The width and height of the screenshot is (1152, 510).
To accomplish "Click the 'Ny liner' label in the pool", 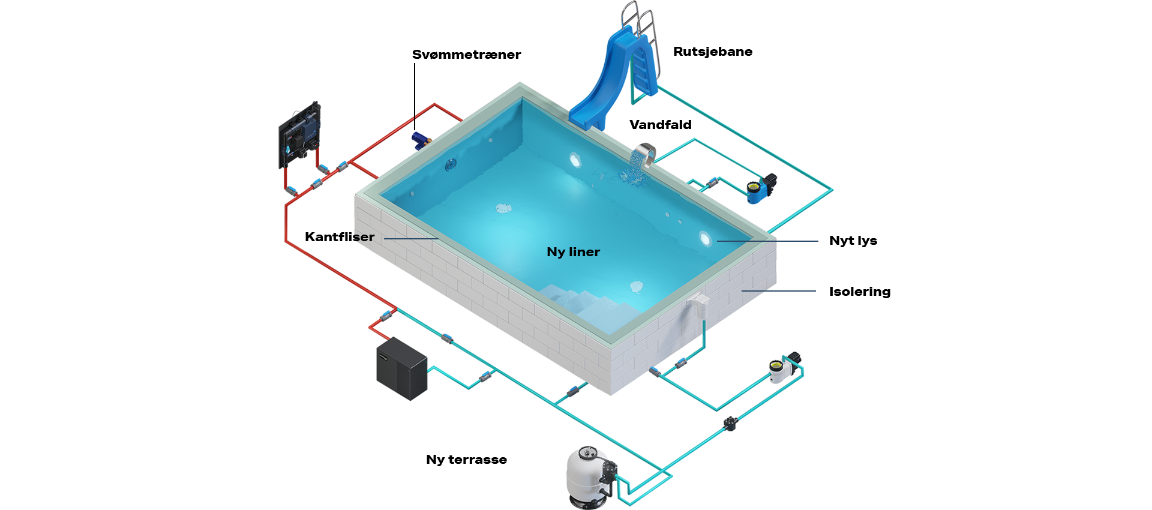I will (573, 252).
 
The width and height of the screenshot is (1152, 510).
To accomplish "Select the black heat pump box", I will (402, 367).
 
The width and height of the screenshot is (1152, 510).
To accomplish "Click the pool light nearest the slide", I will (575, 160).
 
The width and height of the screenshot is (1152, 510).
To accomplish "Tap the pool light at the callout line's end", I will (705, 239).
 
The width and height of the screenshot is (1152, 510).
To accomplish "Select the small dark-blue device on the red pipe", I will (420, 139).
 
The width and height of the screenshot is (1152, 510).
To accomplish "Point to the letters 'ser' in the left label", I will (362, 238).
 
